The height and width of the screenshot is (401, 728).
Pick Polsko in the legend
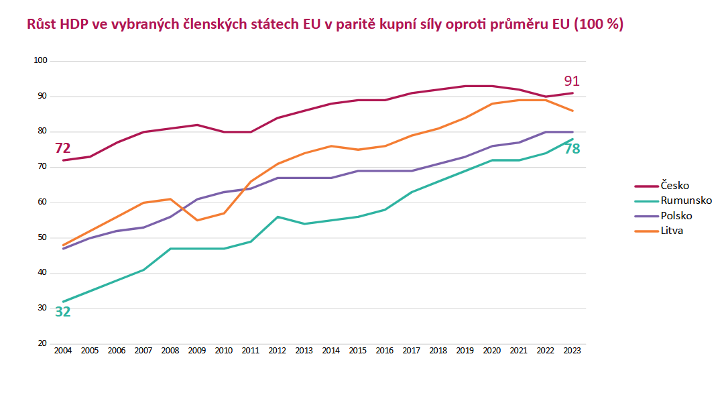tap(676, 215)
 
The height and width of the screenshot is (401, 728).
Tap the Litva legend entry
tap(672, 231)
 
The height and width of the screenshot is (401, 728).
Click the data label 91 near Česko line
tap(571, 81)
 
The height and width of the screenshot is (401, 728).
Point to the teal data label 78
tap(572, 149)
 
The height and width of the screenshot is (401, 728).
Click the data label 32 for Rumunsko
tap(62, 311)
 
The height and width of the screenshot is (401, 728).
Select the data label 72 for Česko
tap(62, 148)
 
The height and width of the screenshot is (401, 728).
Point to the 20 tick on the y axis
tap(42, 344)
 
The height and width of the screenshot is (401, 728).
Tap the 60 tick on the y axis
tap(42, 203)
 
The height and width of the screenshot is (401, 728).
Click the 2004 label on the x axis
tap(63, 351)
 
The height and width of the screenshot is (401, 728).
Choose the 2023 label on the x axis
tap(572, 351)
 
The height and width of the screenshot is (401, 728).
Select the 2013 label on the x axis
tap(304, 351)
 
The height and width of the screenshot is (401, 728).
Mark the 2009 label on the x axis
tap(197, 351)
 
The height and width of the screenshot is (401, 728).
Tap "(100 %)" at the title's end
tap(599, 25)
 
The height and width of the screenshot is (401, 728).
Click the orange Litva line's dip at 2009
tap(197, 220)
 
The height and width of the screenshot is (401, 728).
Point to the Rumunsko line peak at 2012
tap(278, 217)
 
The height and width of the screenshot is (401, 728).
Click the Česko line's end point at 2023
tap(572, 93)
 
